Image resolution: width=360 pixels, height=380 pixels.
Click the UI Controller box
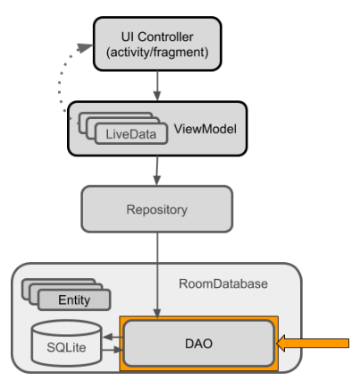point(157,44)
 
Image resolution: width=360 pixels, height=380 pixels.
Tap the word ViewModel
point(205,129)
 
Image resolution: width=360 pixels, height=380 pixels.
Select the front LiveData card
point(131,134)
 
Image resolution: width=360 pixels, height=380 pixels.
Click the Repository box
point(157,209)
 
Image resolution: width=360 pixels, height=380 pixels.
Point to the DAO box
point(198,343)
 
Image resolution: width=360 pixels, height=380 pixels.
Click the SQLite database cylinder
point(67,343)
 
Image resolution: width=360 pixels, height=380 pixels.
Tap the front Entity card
point(74,300)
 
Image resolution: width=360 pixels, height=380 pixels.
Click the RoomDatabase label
point(223,283)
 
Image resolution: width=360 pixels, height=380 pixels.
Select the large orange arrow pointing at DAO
point(313,343)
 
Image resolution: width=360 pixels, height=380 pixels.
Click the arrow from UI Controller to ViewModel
point(157,86)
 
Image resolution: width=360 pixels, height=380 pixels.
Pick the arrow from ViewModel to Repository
point(157,171)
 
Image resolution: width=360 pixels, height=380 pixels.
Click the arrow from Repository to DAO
point(157,275)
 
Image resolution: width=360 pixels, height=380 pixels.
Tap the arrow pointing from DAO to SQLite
point(113,337)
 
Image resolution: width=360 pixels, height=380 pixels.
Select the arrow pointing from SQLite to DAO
point(113,350)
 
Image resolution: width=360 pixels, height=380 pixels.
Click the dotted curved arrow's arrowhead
point(85,47)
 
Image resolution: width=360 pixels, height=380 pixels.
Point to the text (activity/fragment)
point(157,52)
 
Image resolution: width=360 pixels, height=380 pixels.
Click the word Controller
point(165,37)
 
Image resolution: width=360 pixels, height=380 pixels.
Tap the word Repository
point(157,209)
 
